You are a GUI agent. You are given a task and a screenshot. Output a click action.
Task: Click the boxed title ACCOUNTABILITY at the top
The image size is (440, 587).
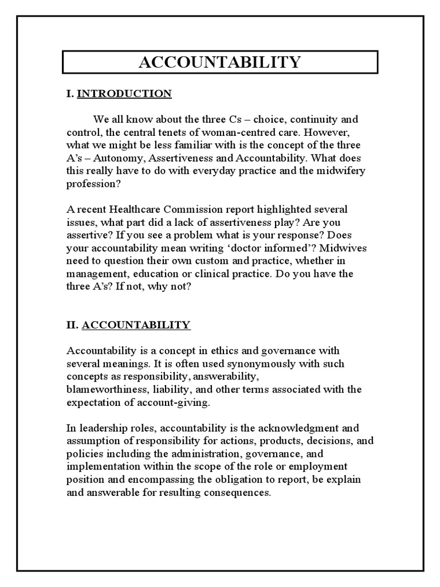219,62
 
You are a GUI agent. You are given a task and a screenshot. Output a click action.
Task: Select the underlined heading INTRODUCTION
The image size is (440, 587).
124,94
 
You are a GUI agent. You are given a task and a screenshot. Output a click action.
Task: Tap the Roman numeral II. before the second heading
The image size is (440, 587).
73,325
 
